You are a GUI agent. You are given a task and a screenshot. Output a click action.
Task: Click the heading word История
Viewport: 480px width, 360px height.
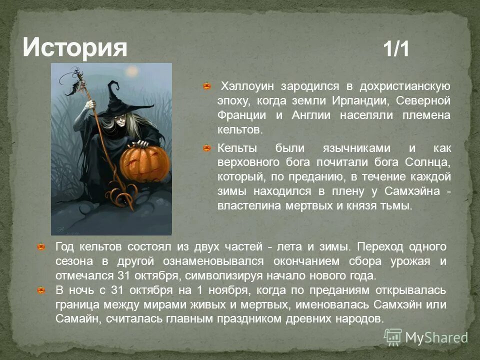coord(74,48)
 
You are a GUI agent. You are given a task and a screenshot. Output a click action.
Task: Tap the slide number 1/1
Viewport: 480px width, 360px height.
coord(396,49)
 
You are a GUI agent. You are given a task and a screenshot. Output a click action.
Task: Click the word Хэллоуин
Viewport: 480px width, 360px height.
coord(248,86)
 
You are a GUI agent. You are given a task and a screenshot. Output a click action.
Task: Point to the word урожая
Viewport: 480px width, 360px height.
coord(411,261)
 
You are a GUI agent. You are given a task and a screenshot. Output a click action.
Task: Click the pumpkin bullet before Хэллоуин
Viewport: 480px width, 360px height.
coord(206,86)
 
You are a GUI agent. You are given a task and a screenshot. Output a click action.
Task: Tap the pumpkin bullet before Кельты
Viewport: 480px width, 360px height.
coord(206,148)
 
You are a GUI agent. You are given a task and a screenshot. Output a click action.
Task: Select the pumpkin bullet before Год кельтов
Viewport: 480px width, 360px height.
coord(42,246)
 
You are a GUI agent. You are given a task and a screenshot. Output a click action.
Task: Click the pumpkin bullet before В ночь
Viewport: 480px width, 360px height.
coord(42,290)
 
